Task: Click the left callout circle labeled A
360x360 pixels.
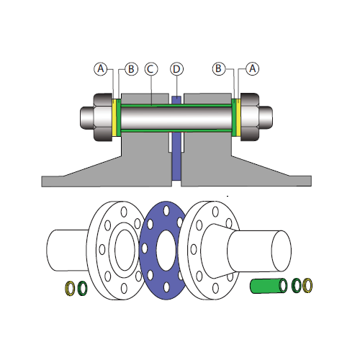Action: tap(101, 69)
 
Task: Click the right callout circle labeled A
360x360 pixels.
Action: tap(253, 69)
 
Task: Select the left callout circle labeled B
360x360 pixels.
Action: tap(131, 69)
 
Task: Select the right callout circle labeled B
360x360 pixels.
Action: tap(219, 68)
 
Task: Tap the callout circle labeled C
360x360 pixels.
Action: tap(151, 69)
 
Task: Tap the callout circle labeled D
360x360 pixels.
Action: tap(176, 69)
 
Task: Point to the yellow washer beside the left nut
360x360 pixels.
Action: tap(114, 117)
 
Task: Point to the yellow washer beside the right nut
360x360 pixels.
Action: tap(238, 117)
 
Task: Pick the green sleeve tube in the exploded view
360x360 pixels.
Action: tap(269, 286)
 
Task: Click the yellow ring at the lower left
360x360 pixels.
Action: tap(66, 288)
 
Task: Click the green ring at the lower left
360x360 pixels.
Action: tap(79, 288)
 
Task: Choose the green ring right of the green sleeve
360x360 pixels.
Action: tap(292, 285)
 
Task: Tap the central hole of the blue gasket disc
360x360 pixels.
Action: tap(166, 250)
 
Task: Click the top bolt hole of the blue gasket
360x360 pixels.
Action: tap(166, 211)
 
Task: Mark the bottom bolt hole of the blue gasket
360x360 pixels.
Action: tap(166, 287)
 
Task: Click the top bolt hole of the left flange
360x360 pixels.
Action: tap(124, 212)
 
